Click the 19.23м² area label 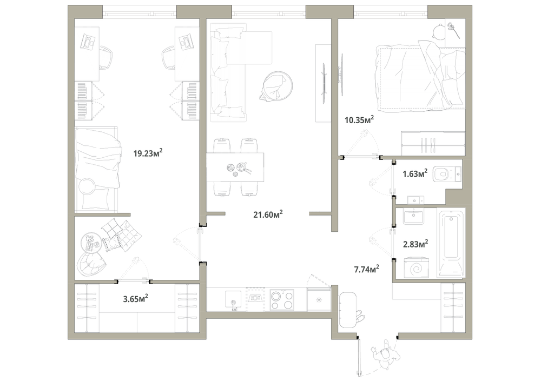[x=148, y=153]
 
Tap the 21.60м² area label [x=268, y=215]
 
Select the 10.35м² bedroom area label [x=359, y=120]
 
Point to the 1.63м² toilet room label [x=415, y=173]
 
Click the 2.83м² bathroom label [x=415, y=244]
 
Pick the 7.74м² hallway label [x=367, y=269]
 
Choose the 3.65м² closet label [x=136, y=298]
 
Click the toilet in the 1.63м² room [x=446, y=174]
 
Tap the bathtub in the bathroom [x=451, y=242]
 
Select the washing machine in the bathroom [x=416, y=267]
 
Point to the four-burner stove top [x=282, y=300]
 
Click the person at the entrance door [x=385, y=354]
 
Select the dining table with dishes [x=235, y=167]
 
